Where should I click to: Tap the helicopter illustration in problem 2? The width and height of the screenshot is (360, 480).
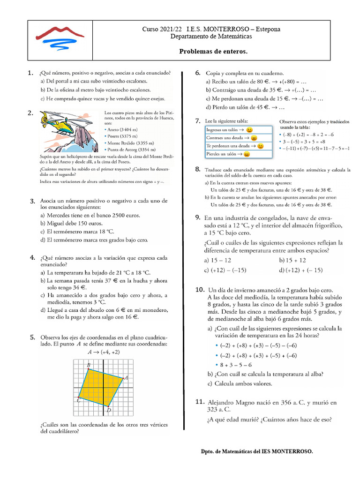pyautogui.click(x=61, y=123)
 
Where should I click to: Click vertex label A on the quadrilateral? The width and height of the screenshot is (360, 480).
pyautogui.click(x=126, y=377)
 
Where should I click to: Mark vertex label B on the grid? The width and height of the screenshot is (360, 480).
pyautogui.click(x=88, y=365)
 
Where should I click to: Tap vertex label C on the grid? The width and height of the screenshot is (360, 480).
pyautogui.click(x=78, y=401)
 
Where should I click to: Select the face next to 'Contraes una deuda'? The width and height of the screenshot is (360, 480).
pyautogui.click(x=254, y=138)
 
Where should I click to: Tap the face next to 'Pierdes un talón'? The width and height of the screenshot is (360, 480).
pyautogui.click(x=247, y=154)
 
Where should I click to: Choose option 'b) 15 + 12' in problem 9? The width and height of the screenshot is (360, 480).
pyautogui.click(x=292, y=260)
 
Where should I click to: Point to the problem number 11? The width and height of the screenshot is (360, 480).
pyautogui.click(x=199, y=402)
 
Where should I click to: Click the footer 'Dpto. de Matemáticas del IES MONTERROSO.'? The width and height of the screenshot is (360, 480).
pyautogui.click(x=256, y=451)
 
